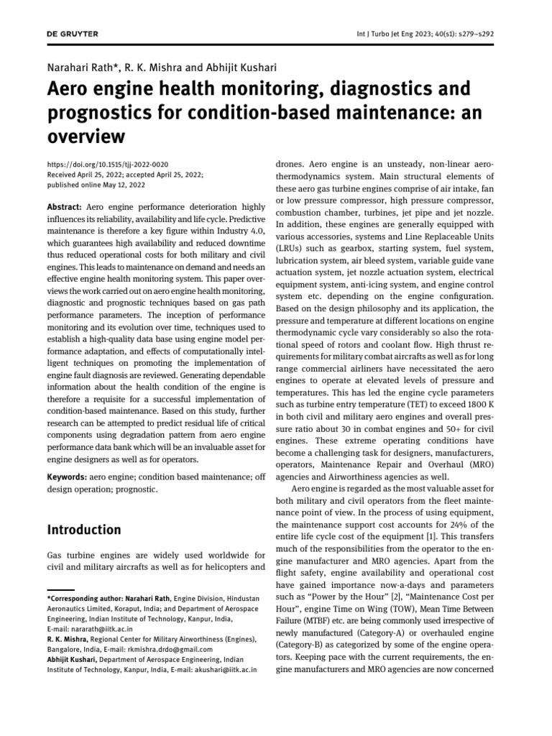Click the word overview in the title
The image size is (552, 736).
point(86,136)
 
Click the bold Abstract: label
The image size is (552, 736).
point(65,207)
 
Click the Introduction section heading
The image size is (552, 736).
point(84,530)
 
